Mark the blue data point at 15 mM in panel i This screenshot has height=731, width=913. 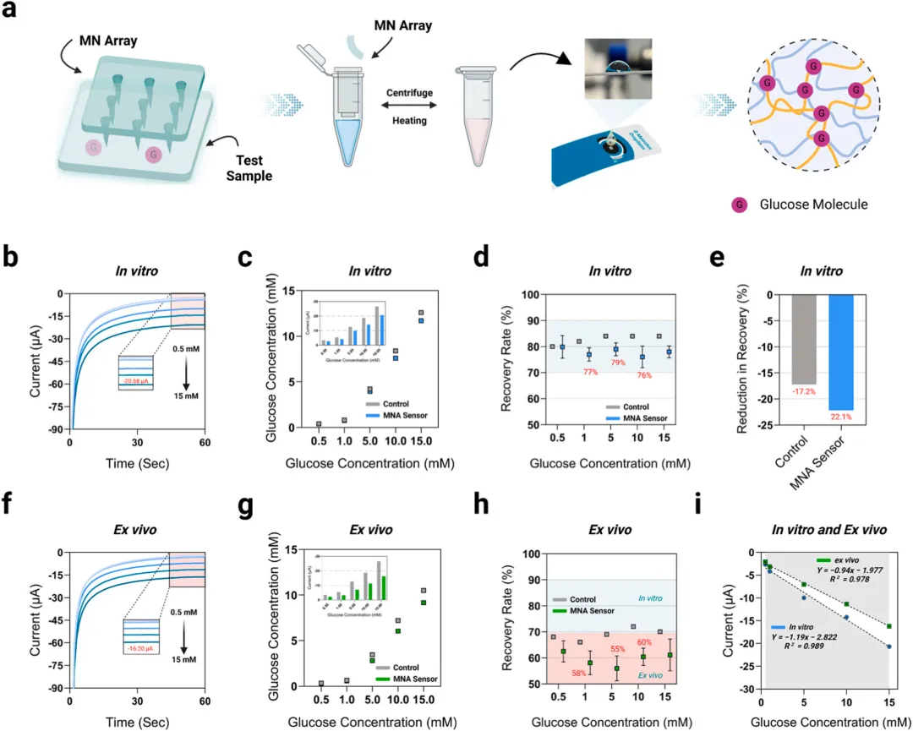888,646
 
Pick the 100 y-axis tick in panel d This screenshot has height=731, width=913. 531,295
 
